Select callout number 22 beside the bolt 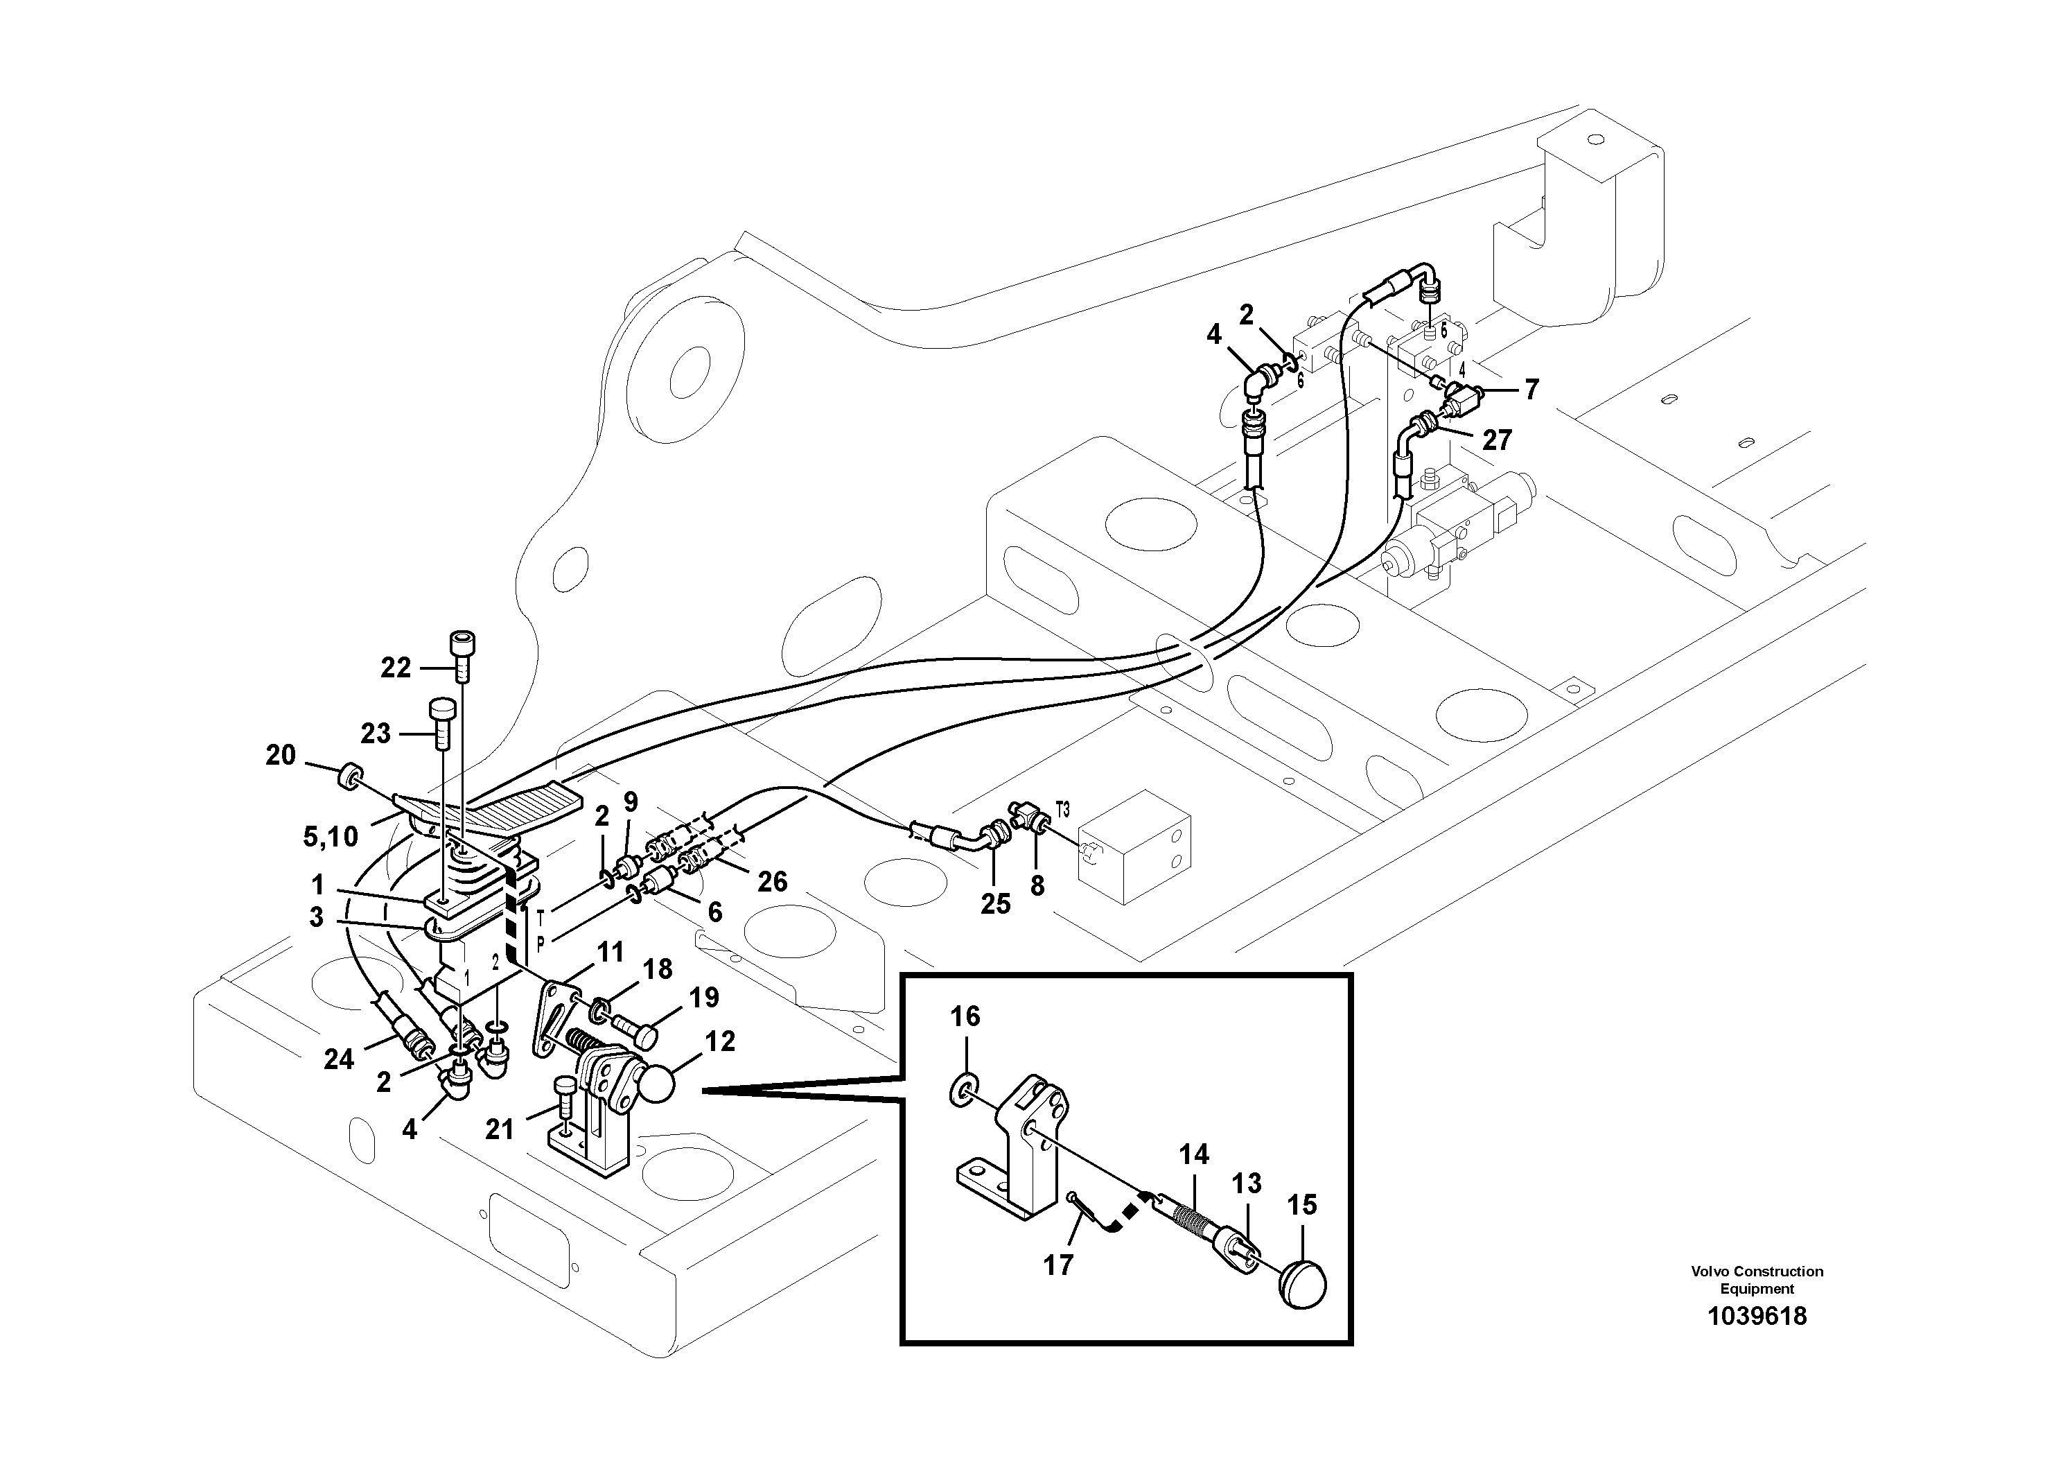[x=396, y=667]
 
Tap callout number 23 [x=376, y=734]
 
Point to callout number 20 [x=281, y=755]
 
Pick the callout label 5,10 [x=331, y=837]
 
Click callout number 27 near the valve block [x=1497, y=440]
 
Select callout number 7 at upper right [x=1531, y=389]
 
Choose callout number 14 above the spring [x=1194, y=1154]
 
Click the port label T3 [x=1062, y=809]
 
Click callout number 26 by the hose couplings [x=772, y=881]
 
